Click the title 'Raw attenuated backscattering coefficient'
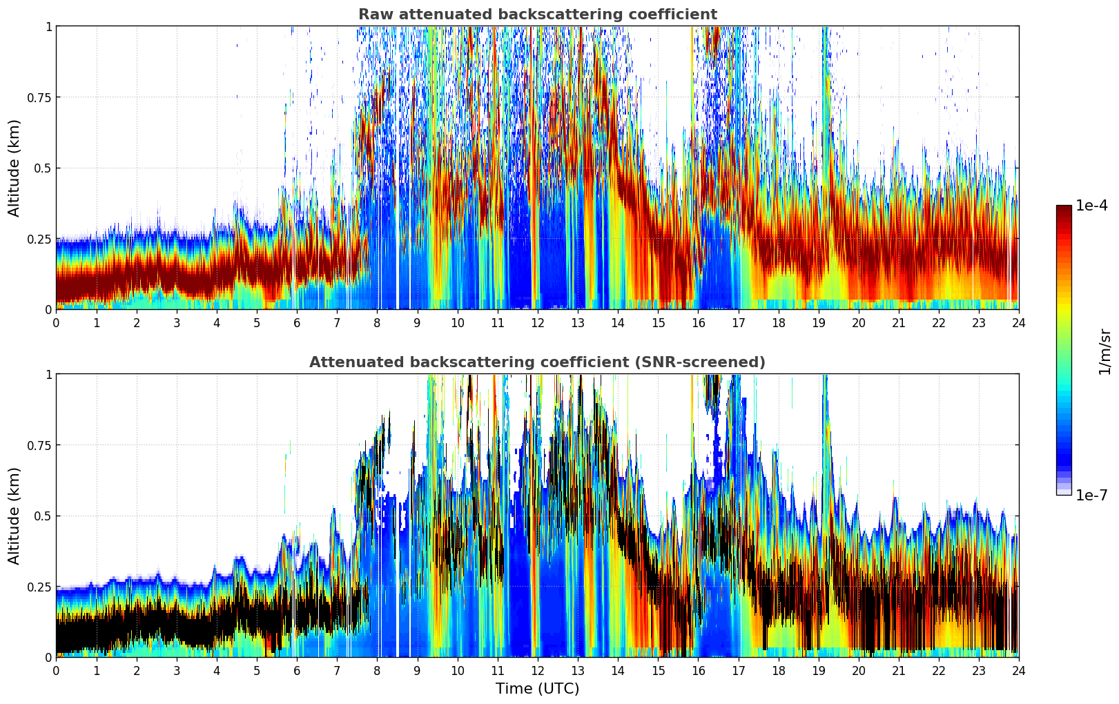tap(537, 14)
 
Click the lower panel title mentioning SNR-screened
tap(537, 362)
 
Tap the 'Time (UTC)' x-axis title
tap(537, 689)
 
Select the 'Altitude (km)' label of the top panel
tap(14, 168)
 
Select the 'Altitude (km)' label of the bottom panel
tap(14, 516)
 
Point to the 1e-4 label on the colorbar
tap(1091, 206)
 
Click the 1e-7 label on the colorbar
tap(1091, 495)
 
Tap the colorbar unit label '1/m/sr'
tap(1105, 351)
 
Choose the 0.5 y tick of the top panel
tap(43, 168)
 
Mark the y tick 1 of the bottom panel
tap(48, 374)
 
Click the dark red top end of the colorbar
tap(1064, 208)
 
